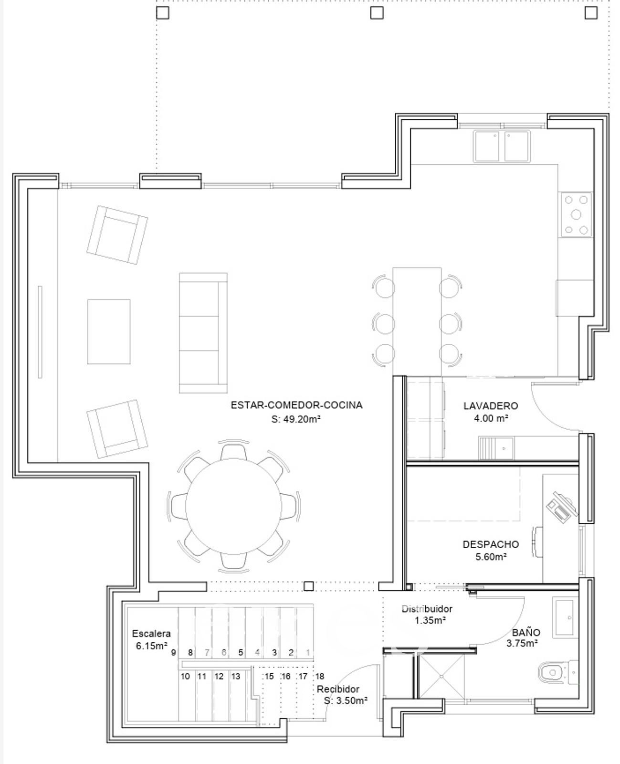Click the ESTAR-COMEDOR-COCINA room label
click(x=296, y=405)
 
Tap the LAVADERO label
click(x=491, y=406)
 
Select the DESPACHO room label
click(x=491, y=544)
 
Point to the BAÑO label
click(x=526, y=632)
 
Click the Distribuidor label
click(x=427, y=609)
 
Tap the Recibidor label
click(x=338, y=689)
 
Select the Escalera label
click(x=151, y=634)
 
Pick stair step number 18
click(x=319, y=676)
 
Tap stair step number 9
click(x=174, y=652)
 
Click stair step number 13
click(x=236, y=676)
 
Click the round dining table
click(x=233, y=506)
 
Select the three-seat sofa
click(x=203, y=333)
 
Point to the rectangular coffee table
click(x=109, y=332)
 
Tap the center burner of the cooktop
click(x=576, y=214)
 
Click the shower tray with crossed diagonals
click(x=441, y=676)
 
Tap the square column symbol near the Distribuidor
click(x=308, y=586)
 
